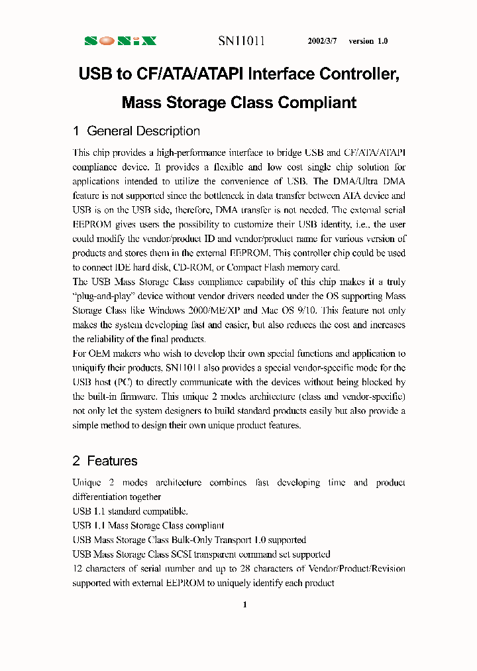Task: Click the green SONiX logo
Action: coord(121,41)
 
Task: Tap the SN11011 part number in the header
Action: coord(242,41)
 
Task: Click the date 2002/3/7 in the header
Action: coord(323,41)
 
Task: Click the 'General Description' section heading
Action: coord(143,131)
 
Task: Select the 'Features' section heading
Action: coord(112,461)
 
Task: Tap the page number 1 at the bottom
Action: coord(244,604)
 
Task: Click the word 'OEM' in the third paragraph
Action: coord(97,353)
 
